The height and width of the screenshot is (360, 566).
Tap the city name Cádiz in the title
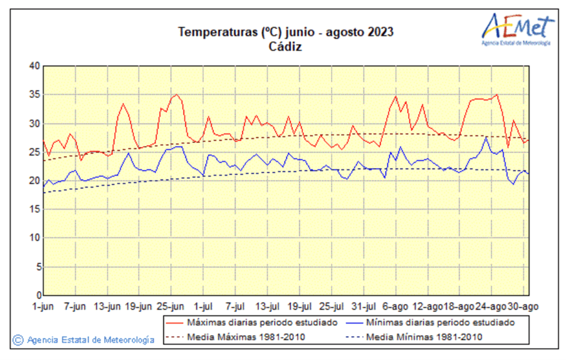(x=285, y=46)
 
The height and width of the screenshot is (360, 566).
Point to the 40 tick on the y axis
(x=34, y=66)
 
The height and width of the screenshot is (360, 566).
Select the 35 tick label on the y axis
(x=34, y=95)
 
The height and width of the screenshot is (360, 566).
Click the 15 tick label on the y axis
(x=34, y=209)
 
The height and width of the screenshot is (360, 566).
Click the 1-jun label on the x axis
(x=43, y=307)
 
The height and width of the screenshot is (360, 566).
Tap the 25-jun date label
(x=171, y=307)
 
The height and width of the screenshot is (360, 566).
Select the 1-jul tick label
(x=203, y=307)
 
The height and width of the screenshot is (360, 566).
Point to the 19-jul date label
(x=299, y=307)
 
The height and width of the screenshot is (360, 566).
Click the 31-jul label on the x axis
(x=363, y=307)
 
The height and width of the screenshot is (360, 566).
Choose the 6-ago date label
(x=396, y=307)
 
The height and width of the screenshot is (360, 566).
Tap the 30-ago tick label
(x=523, y=307)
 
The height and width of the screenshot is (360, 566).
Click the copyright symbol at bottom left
(x=18, y=340)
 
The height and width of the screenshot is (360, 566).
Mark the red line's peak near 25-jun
(x=177, y=95)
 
